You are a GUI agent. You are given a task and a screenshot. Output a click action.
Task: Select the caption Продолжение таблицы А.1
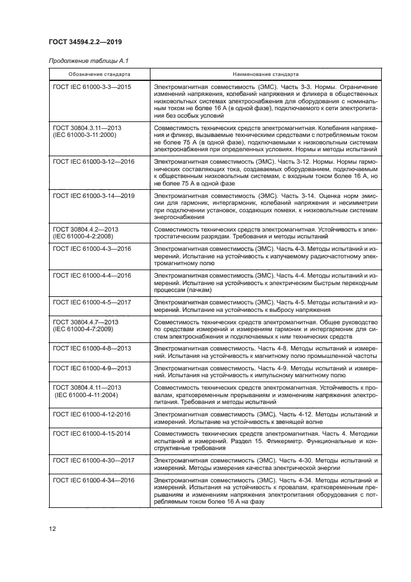[83, 60]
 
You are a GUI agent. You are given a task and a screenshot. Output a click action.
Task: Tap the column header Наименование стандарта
[267, 73]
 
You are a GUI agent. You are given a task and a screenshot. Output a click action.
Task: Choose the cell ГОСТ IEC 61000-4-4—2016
[92, 275]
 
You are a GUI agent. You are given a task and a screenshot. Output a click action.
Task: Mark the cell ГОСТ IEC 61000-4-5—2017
[92, 302]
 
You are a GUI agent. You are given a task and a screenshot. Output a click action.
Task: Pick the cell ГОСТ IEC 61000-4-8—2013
[92, 349]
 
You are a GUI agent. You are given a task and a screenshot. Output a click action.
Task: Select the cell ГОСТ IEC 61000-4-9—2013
[92, 368]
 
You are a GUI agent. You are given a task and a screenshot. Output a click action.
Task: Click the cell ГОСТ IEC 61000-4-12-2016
[92, 414]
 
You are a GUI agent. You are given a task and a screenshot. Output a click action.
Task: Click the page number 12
[53, 528]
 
